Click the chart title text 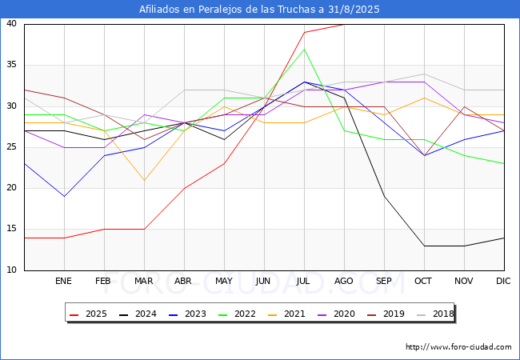click(259, 10)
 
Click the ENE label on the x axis click(64, 282)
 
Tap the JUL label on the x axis click(304, 282)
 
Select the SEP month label click(384, 282)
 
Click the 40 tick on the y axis click(12, 24)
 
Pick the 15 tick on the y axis click(12, 229)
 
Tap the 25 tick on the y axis click(12, 147)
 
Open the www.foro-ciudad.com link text click(458, 347)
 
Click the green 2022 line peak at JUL click(304, 49)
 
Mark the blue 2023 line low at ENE click(64, 196)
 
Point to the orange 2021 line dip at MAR click(144, 180)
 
